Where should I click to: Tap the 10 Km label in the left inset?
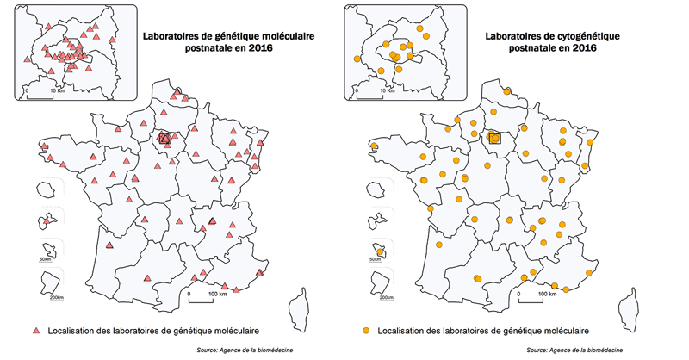click(x=55, y=90)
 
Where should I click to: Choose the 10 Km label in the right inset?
click(x=384, y=90)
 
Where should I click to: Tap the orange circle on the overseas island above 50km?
click(x=380, y=252)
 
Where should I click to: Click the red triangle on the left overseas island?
click(x=46, y=222)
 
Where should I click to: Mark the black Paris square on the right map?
click(x=495, y=138)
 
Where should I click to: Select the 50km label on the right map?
click(x=376, y=259)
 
